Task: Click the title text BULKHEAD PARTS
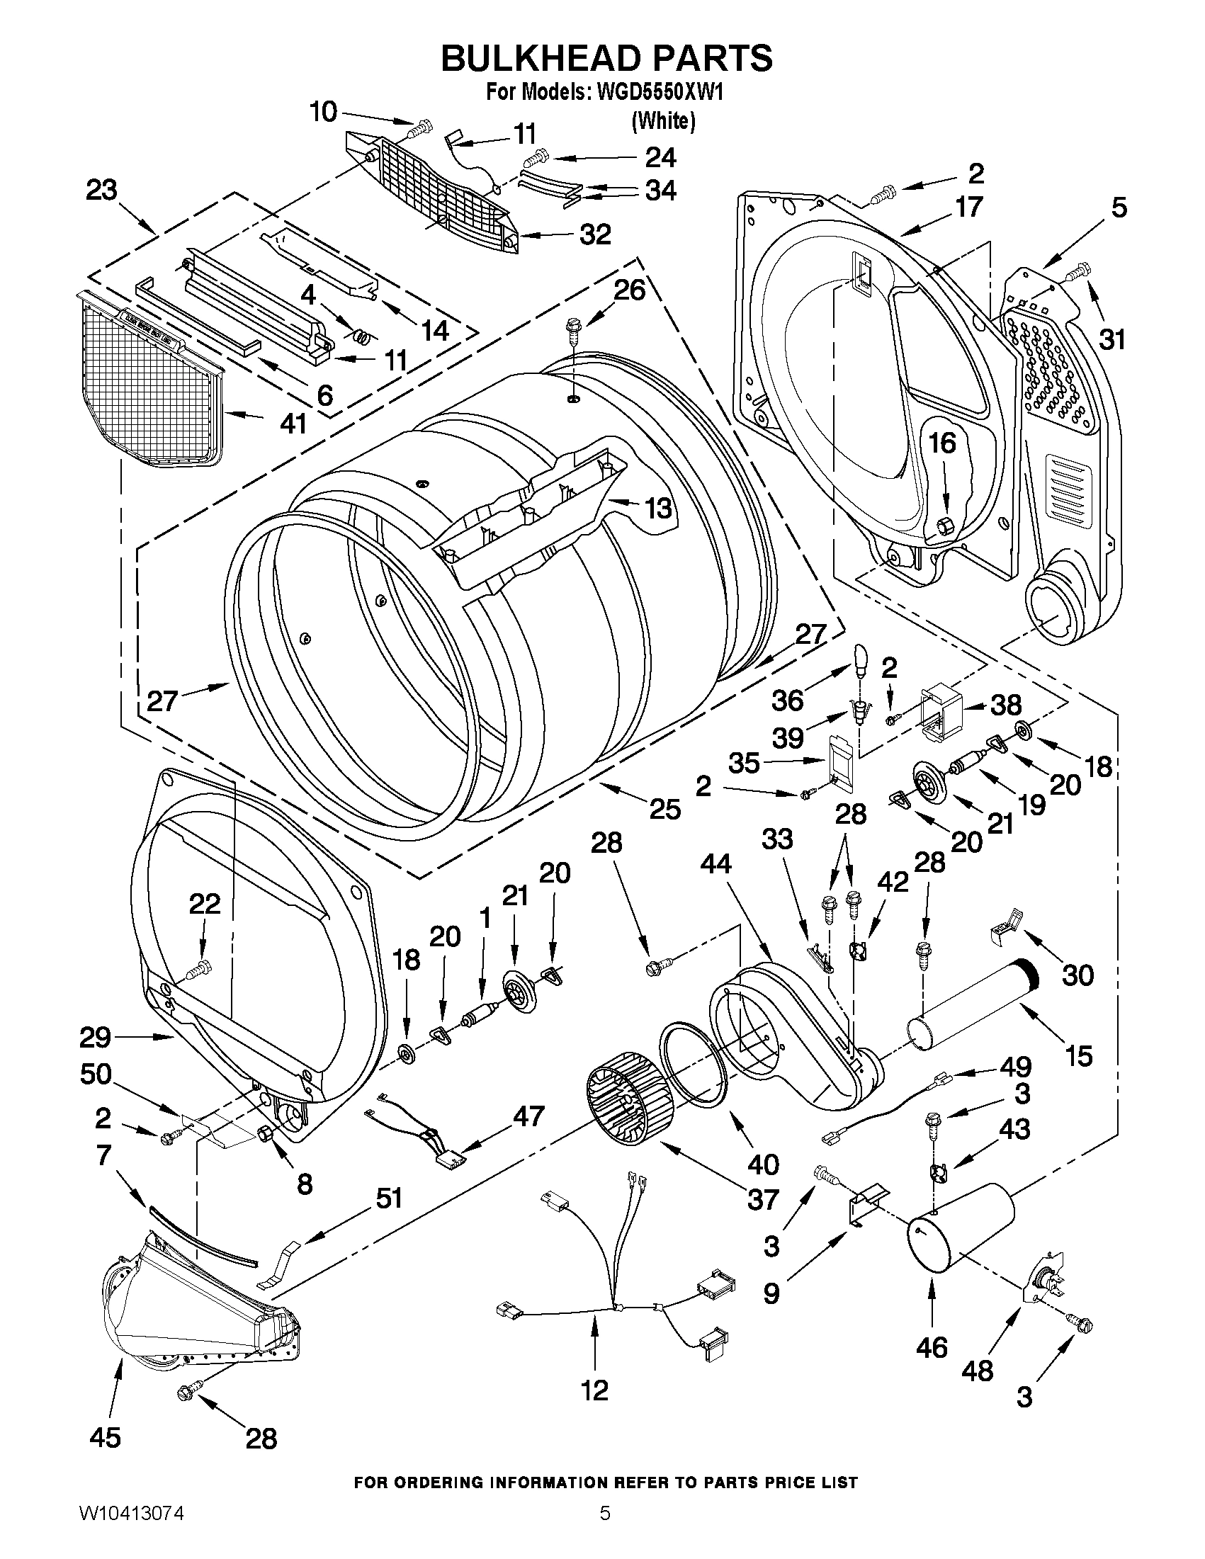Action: point(606,58)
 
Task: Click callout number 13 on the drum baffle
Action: point(657,509)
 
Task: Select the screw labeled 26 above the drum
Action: point(572,331)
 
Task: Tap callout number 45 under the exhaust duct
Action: point(105,1437)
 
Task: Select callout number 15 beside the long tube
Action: point(1079,1055)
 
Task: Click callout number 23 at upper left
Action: point(102,191)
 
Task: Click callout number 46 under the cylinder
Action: point(932,1347)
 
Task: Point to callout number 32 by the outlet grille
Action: point(594,234)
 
